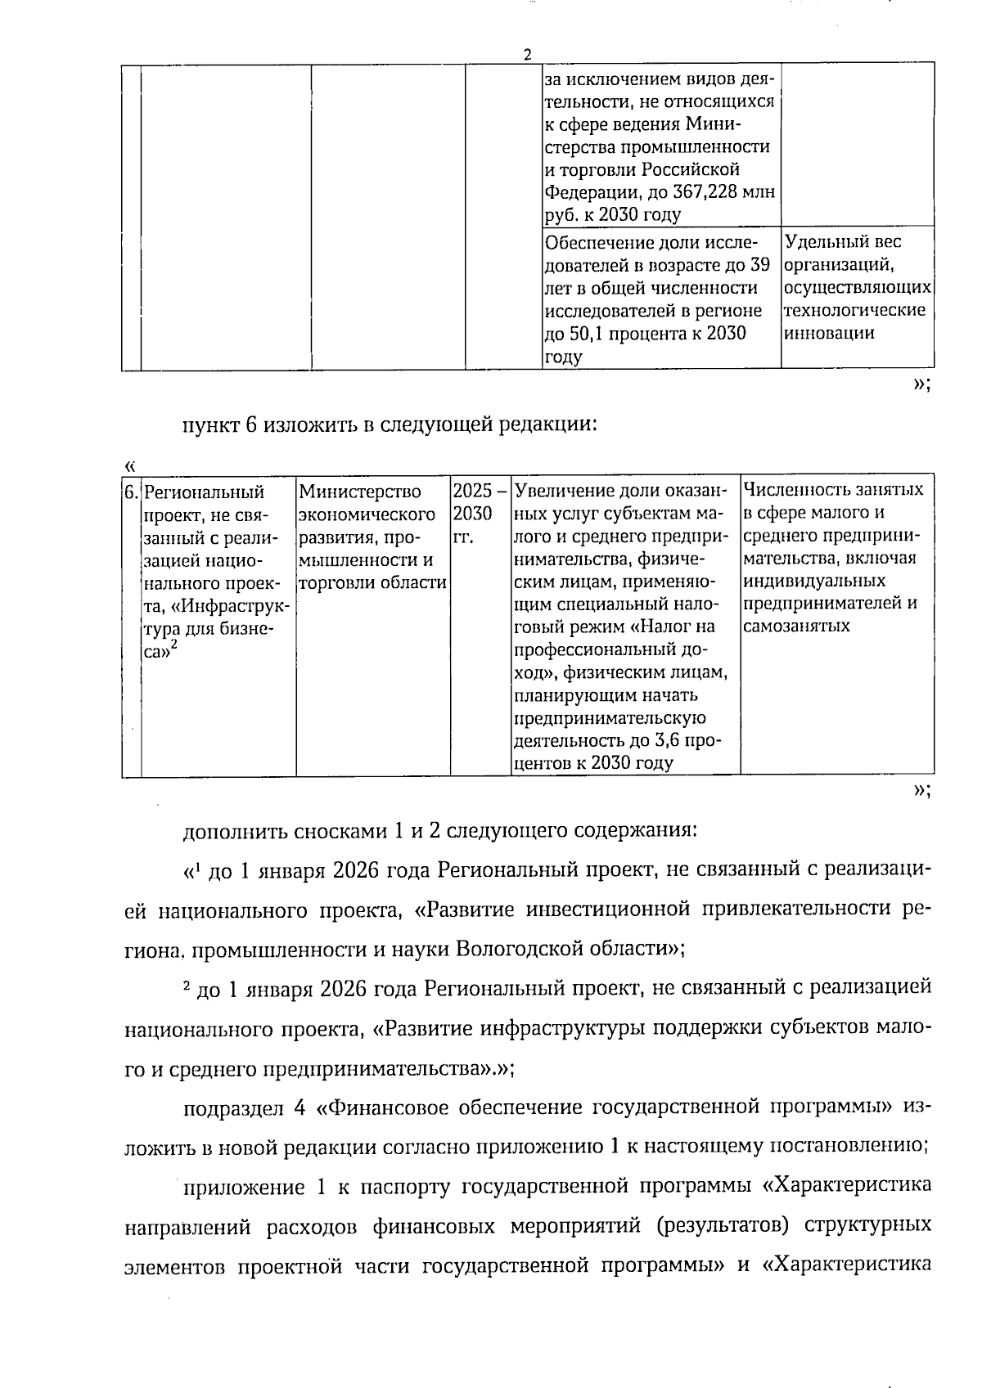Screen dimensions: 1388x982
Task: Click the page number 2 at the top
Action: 527,55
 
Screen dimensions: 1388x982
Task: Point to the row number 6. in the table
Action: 132,492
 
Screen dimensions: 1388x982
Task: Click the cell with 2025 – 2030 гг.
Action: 480,514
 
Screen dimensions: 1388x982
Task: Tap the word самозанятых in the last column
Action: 797,626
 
